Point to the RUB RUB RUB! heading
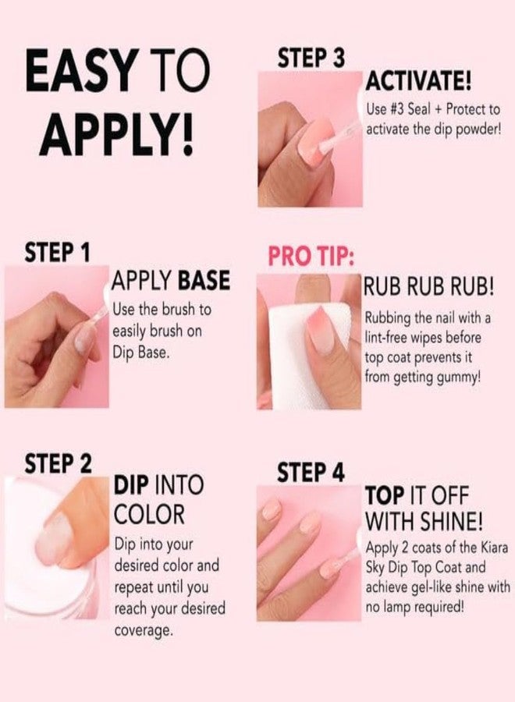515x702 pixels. click(428, 286)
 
